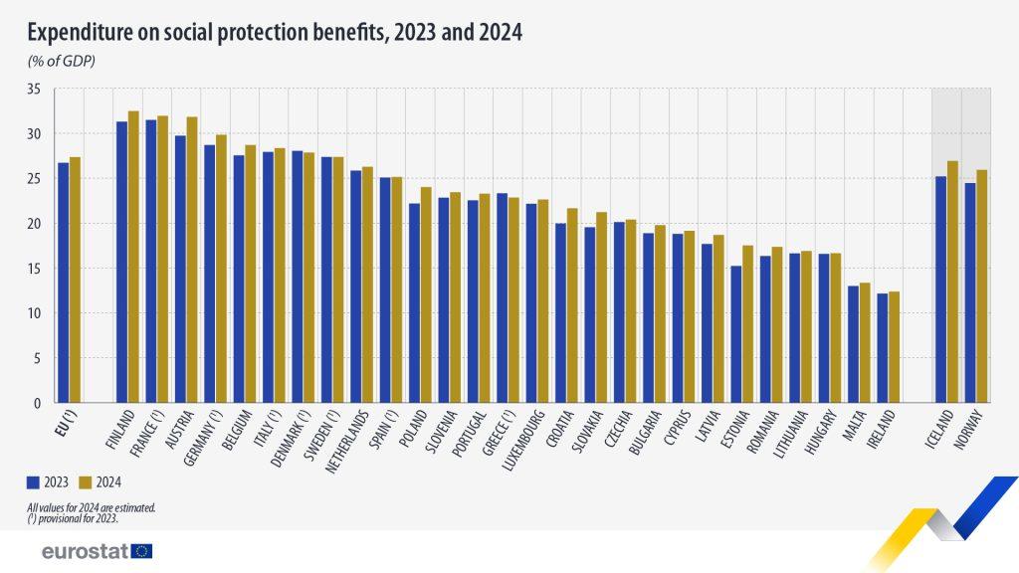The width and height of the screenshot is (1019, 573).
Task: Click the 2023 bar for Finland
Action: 122,263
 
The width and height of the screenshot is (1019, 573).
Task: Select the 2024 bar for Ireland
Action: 895,347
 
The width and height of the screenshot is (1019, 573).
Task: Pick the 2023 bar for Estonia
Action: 736,334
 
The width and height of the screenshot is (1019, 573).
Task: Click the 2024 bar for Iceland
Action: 951,283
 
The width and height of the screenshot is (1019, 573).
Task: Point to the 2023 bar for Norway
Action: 969,293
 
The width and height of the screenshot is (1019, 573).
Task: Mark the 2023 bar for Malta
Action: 853,344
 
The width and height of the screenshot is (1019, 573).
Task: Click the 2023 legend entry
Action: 49,482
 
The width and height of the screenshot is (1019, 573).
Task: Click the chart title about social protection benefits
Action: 275,33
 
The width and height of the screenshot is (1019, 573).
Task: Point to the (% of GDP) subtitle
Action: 61,62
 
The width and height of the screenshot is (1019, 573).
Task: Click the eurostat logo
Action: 97,551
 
